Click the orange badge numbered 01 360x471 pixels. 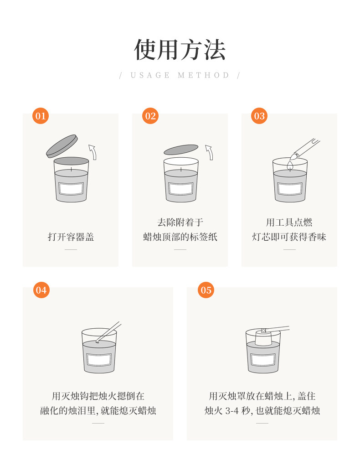(x=41, y=116)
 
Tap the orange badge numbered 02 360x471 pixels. (x=150, y=116)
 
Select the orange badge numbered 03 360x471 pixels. (x=259, y=116)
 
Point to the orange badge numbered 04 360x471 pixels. (x=41, y=290)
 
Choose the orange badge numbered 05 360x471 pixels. (x=206, y=290)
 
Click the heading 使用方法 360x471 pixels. (x=180, y=50)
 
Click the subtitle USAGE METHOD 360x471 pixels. (x=180, y=75)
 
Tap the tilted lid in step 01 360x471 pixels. (x=62, y=146)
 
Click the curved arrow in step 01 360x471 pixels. (x=93, y=152)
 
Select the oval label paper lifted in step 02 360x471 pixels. (x=181, y=150)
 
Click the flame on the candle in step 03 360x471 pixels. (x=290, y=165)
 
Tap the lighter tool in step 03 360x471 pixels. (x=304, y=148)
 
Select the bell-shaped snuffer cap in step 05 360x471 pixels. (x=263, y=337)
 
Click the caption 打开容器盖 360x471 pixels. (x=71, y=237)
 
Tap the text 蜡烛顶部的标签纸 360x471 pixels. (x=180, y=237)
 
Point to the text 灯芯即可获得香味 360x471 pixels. (x=289, y=237)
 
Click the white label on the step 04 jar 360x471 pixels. (x=99, y=360)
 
